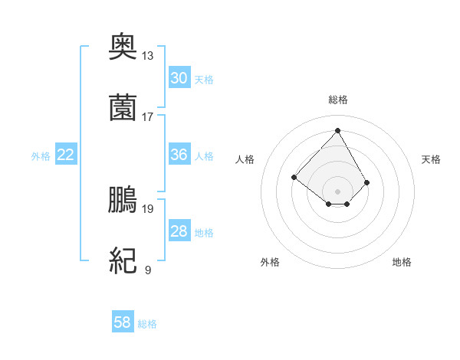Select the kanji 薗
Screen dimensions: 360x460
(123, 107)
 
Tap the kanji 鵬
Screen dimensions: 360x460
(123, 200)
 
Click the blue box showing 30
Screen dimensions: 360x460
(179, 78)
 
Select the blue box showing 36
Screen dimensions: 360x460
(179, 155)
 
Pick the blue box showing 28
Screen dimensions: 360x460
(179, 231)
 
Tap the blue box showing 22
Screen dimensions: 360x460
(66, 155)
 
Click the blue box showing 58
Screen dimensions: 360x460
(123, 322)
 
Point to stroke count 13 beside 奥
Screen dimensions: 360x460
(147, 55)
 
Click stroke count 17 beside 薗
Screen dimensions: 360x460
(147, 116)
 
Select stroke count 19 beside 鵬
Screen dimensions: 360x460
(147, 208)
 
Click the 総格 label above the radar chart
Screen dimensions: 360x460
(338, 100)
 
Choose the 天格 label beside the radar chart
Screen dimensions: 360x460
(432, 159)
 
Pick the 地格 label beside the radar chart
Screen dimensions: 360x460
(402, 262)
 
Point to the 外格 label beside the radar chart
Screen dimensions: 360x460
(270, 262)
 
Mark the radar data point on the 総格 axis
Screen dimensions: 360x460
(337, 130)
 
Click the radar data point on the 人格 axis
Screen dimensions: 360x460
(294, 177)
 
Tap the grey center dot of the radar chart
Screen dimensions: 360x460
(337, 191)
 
